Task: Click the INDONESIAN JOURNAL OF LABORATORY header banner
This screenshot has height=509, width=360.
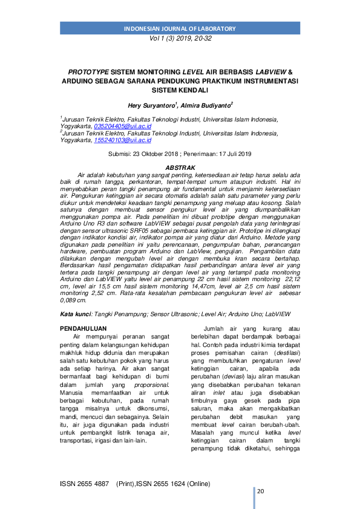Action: pos(179,29)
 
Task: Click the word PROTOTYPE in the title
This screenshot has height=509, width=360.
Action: pos(90,71)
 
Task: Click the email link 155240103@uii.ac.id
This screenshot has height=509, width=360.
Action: pos(123,140)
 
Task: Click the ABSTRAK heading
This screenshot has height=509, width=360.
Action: pos(180,167)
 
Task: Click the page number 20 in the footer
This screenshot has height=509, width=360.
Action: pos(261,491)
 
